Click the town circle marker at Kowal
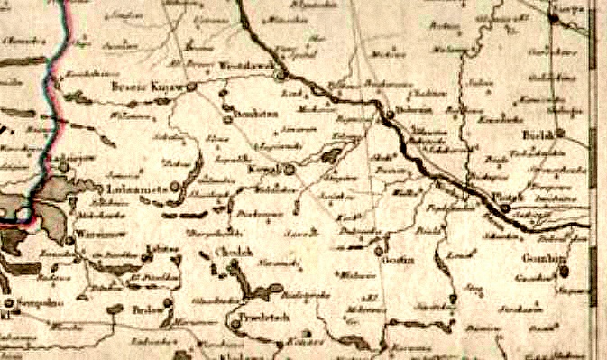(289, 169)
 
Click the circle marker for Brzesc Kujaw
(192, 88)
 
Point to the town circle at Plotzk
(505, 208)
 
